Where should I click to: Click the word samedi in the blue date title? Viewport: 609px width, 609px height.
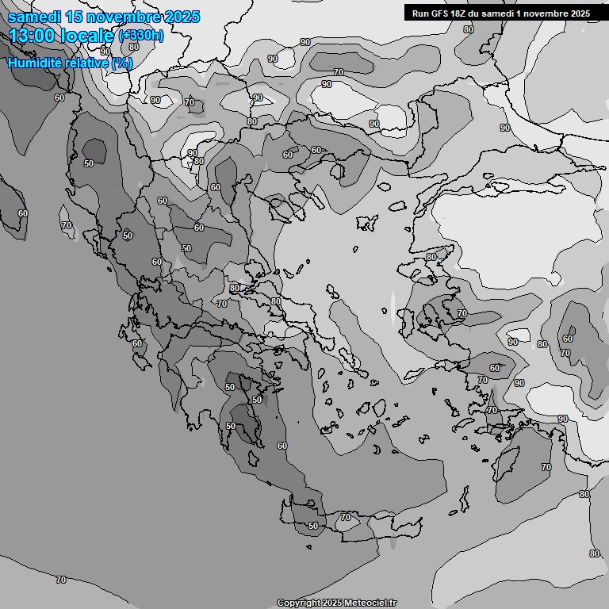(31, 17)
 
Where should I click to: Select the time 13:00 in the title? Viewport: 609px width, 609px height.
(35, 36)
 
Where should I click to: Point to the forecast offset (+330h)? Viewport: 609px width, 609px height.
(141, 36)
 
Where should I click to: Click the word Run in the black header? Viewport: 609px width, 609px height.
(420, 13)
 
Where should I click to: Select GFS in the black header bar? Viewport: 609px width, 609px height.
(440, 13)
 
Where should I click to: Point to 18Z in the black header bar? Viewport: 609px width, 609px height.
(459, 13)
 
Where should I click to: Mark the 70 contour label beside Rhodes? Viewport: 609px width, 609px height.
(546, 468)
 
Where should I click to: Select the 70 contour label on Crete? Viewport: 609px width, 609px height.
(345, 517)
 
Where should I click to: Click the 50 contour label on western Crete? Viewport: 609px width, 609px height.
(313, 526)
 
